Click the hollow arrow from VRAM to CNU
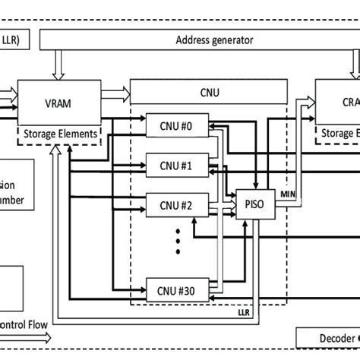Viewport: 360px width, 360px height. (x=115, y=93)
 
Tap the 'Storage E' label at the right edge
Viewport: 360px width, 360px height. (x=338, y=134)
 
